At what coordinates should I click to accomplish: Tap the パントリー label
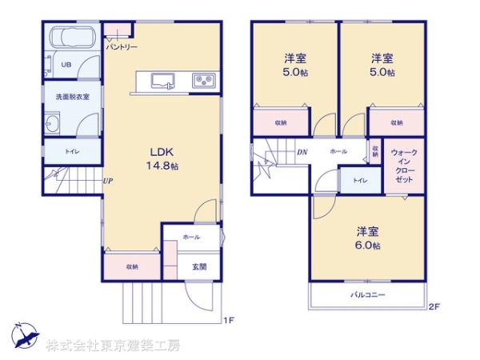point(122,47)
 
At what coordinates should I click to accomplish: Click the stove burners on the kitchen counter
point(203,79)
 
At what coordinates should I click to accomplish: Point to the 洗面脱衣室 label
point(72,96)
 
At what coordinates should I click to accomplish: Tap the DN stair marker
point(302,152)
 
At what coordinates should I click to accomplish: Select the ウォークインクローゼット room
point(404,166)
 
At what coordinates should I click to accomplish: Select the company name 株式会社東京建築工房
point(113,346)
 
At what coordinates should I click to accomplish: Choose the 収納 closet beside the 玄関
point(131,266)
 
